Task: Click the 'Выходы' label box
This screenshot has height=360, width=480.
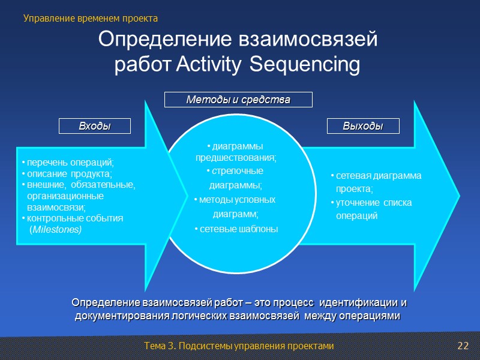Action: [363, 126]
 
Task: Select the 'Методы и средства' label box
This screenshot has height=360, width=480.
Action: [239, 100]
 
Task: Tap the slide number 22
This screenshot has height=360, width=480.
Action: [462, 346]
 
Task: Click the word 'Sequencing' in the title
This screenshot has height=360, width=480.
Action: [304, 64]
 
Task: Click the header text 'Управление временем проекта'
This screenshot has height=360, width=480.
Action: [91, 19]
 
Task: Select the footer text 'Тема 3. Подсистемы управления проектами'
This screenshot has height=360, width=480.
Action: [239, 346]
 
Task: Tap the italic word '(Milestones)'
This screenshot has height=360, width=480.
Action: [56, 230]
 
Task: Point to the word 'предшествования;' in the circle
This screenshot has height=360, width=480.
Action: [236, 158]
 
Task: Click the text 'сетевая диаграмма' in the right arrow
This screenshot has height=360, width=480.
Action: [378, 176]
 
